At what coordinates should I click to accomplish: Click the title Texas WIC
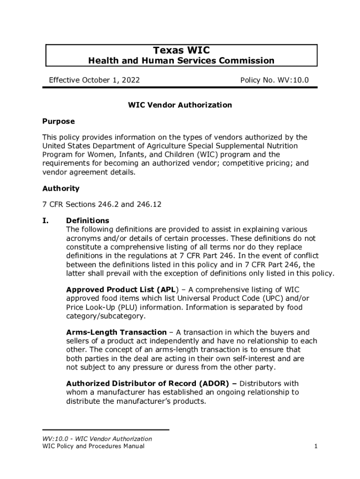pos(181,50)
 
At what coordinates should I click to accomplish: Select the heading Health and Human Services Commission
pos(181,60)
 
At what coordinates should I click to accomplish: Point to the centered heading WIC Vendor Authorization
pos(180,105)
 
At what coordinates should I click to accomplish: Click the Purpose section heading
pos(58,121)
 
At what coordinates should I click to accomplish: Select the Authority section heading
pos(61,189)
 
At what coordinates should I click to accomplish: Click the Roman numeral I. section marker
pos(47,220)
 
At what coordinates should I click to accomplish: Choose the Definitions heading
pos(87,220)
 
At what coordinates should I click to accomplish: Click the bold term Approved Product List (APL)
pos(119,290)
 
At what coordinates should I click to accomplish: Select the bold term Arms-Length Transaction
pos(116,333)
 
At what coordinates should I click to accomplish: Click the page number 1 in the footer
pos(316,446)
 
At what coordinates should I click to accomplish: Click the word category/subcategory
pos(105,316)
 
